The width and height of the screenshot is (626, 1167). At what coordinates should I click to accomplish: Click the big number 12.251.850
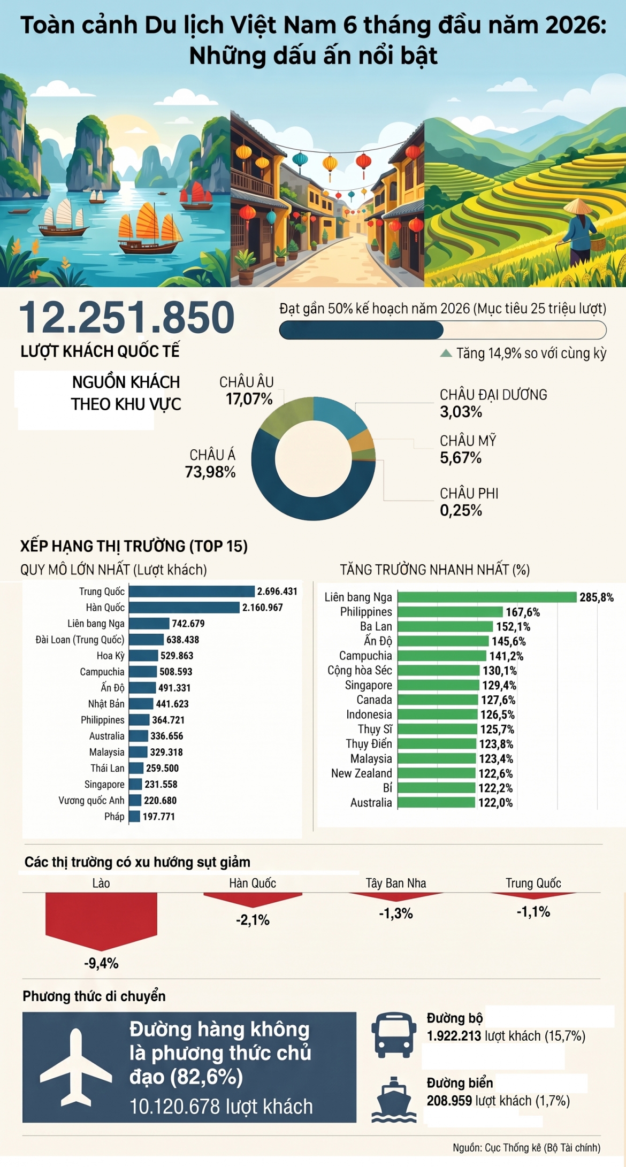(127, 317)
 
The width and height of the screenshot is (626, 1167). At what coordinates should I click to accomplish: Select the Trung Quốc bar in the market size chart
(192, 591)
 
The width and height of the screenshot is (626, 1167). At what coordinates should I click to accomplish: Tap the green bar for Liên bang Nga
(487, 597)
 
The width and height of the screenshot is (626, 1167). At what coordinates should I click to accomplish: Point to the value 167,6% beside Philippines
(523, 612)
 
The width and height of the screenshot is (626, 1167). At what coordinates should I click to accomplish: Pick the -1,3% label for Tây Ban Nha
(396, 913)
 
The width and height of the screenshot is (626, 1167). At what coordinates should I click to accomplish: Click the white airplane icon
(76, 1068)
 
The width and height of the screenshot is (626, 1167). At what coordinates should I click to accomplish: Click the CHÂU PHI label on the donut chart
(469, 493)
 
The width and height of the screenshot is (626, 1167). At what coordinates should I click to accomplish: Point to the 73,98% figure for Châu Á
(210, 472)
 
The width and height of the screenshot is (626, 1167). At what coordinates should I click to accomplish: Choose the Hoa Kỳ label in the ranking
(110, 656)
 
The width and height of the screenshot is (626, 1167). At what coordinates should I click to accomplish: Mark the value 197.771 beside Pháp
(158, 816)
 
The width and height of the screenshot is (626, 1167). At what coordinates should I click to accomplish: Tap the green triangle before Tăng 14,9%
(446, 353)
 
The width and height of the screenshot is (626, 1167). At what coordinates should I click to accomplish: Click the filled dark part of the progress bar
(362, 330)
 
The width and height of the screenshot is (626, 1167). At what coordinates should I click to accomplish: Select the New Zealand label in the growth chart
(362, 773)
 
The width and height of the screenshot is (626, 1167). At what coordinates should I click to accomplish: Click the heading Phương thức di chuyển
(94, 996)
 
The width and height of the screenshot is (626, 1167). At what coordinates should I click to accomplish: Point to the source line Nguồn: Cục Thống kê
(526, 1148)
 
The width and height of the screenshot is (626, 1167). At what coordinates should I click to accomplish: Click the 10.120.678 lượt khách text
(221, 1107)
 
